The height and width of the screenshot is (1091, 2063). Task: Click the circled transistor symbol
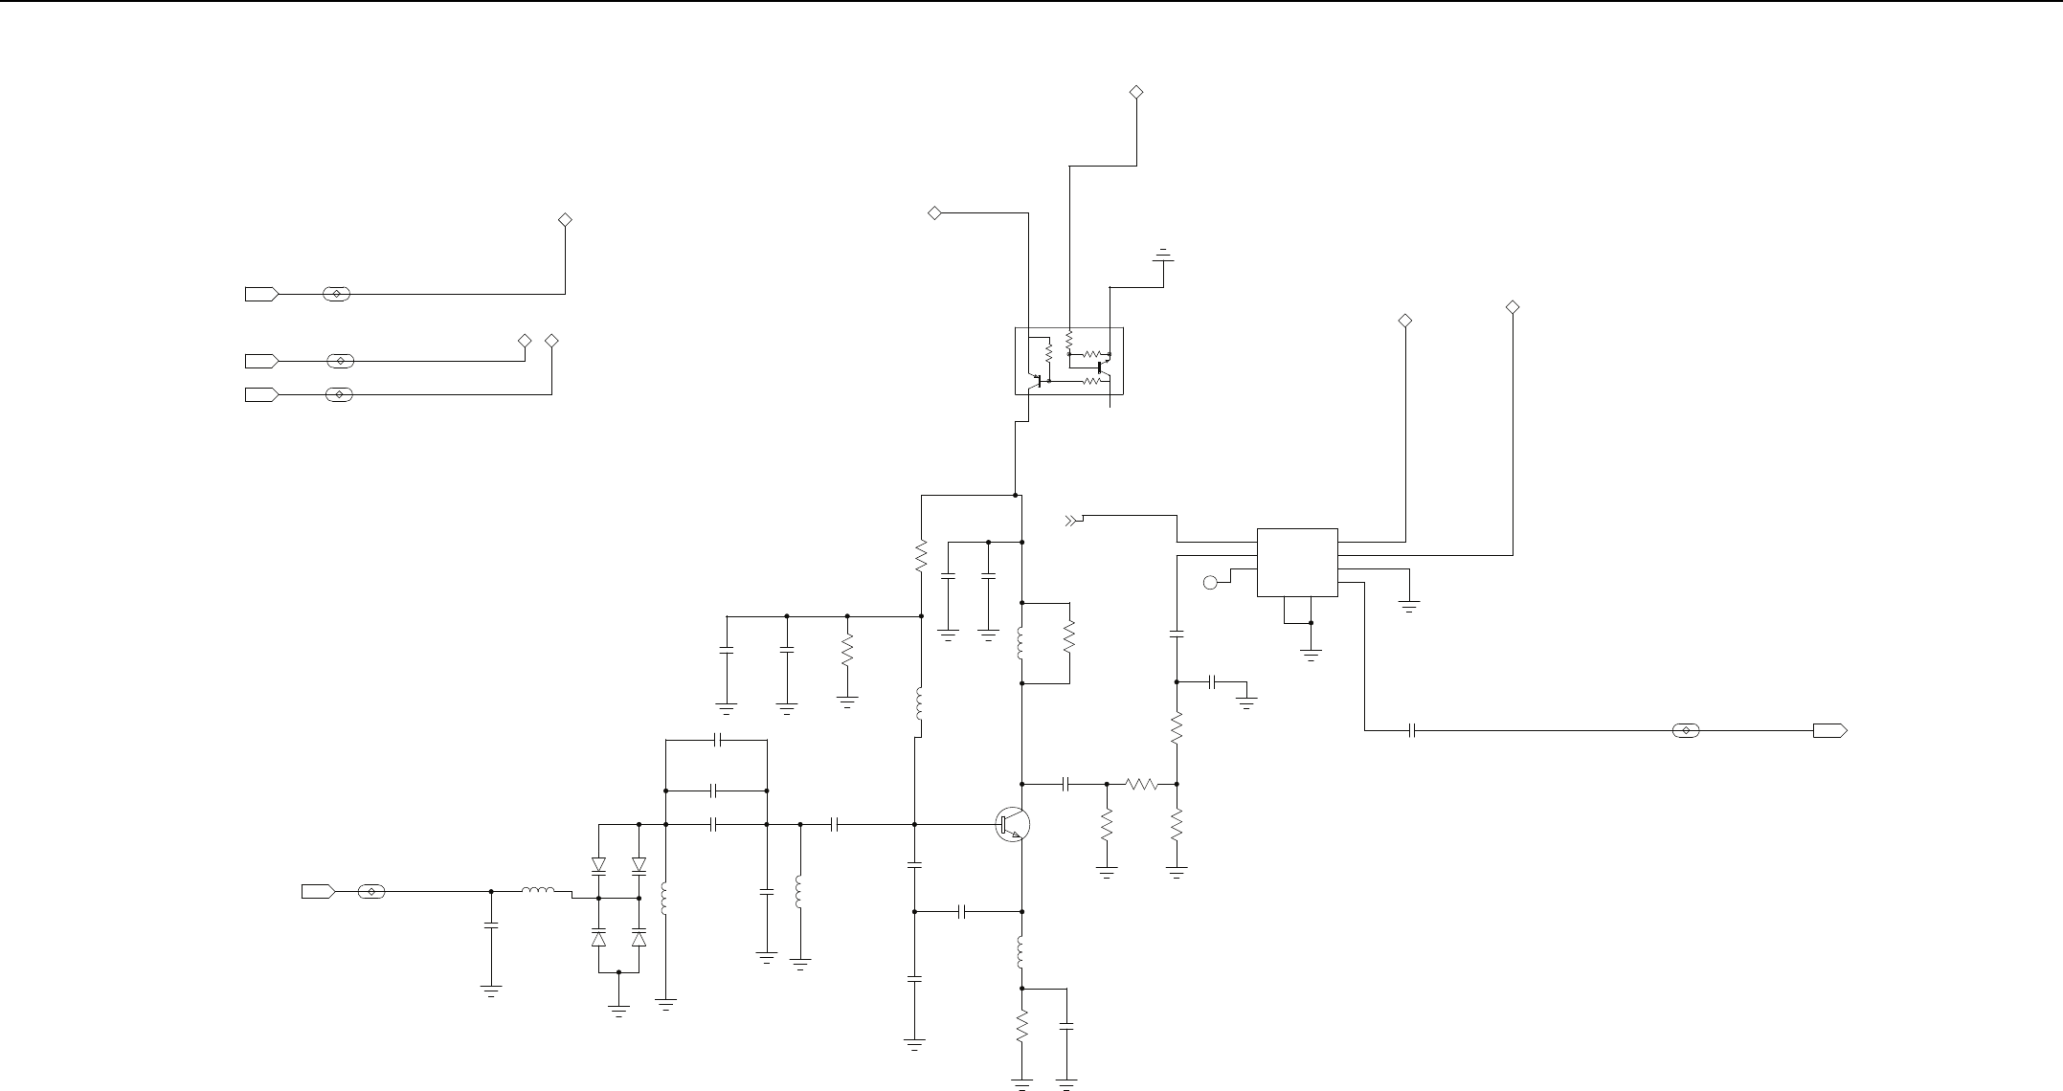pos(1013,824)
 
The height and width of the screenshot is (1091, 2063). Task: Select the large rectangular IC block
pos(1297,562)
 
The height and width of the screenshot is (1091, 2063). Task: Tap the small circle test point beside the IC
pos(1210,582)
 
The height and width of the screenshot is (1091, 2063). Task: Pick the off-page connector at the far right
pos(1829,731)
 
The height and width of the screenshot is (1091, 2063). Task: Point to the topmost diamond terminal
pos(1136,92)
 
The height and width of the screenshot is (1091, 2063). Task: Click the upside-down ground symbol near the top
pos(1163,256)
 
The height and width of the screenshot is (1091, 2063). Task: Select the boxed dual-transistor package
pos(1068,361)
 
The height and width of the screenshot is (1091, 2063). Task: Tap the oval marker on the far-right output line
pos(1685,731)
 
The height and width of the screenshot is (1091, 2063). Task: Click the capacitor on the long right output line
pos(1412,731)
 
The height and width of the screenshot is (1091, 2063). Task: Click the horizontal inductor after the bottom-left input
pos(537,892)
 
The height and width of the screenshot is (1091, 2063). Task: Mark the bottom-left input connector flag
pos(318,892)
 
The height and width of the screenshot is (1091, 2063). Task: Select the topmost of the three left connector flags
pos(261,294)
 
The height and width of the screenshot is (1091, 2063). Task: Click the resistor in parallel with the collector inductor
pos(1069,637)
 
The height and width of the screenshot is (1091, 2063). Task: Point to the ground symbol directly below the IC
pos(1311,655)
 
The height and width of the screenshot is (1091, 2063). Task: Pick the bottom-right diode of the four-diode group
pos(639,937)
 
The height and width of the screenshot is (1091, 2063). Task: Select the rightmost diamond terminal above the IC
pos(1513,307)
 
